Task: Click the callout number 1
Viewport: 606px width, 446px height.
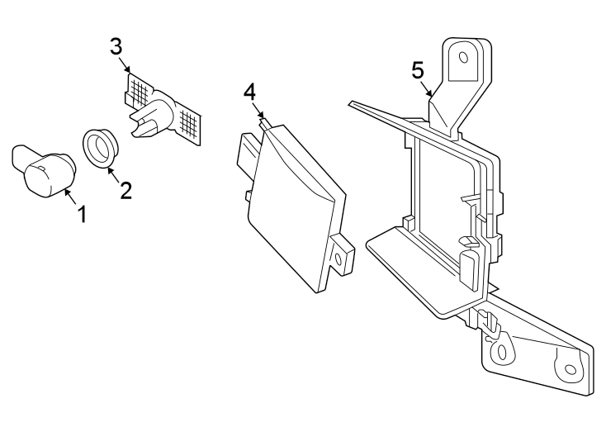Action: point(82,215)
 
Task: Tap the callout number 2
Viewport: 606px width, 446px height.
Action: point(125,191)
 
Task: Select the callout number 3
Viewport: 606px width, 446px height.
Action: point(116,45)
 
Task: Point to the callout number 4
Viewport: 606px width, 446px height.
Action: point(251,92)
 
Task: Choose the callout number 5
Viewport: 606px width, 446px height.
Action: point(418,69)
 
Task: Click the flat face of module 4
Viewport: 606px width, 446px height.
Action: point(293,206)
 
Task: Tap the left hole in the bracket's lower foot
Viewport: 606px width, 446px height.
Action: point(499,353)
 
